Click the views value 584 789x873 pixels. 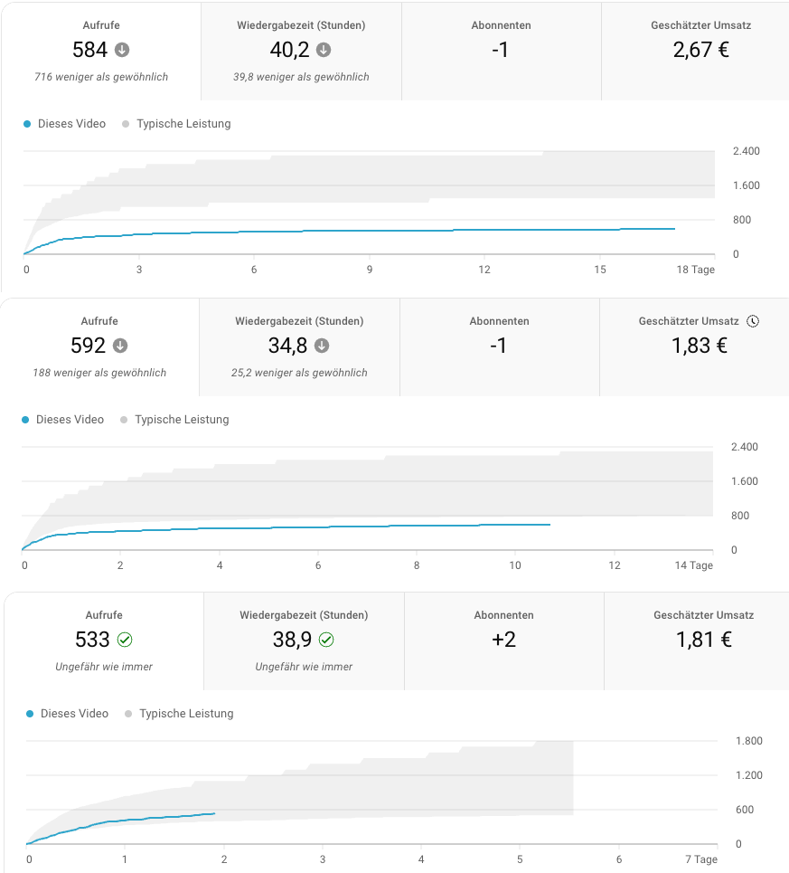click(89, 50)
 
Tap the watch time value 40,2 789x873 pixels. click(289, 50)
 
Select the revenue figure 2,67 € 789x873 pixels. click(700, 50)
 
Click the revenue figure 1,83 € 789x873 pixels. click(699, 346)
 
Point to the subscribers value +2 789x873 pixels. click(503, 640)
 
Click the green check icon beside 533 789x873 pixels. click(125, 640)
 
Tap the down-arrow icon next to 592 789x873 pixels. click(120, 346)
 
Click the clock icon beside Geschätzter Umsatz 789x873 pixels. click(753, 321)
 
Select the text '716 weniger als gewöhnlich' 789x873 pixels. click(101, 77)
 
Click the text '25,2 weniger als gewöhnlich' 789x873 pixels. click(299, 373)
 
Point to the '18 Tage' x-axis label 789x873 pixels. click(695, 270)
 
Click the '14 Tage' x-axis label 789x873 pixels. click(693, 565)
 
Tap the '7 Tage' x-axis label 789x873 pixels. click(700, 859)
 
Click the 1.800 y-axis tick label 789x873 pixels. click(749, 741)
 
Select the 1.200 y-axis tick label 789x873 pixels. click(749, 775)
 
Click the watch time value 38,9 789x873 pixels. click(292, 640)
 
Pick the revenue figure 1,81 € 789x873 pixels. click(703, 640)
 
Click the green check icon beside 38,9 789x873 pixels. click(326, 640)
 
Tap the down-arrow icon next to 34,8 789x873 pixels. click(322, 346)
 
